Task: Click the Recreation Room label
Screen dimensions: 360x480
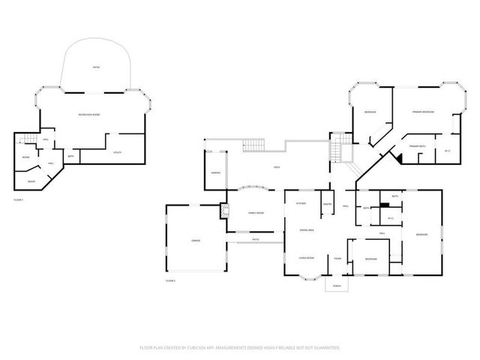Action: (89, 113)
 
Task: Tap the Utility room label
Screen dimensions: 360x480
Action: (117, 152)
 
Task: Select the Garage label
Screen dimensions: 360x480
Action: (195, 240)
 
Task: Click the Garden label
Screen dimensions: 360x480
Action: (214, 172)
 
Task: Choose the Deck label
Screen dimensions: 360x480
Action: (277, 167)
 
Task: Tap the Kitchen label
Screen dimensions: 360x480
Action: (300, 203)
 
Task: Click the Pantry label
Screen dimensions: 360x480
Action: (327, 204)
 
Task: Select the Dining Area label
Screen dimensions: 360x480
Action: (306, 229)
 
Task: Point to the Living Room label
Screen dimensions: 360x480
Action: (306, 257)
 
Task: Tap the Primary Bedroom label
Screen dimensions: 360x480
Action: (423, 111)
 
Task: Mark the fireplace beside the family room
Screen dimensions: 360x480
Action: (223, 211)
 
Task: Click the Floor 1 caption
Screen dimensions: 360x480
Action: (19, 199)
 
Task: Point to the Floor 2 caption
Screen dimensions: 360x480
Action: (169, 280)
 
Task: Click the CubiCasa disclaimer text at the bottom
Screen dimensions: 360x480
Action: (240, 348)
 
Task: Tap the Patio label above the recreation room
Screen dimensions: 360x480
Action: (96, 67)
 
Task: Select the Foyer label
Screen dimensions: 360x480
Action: (338, 259)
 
